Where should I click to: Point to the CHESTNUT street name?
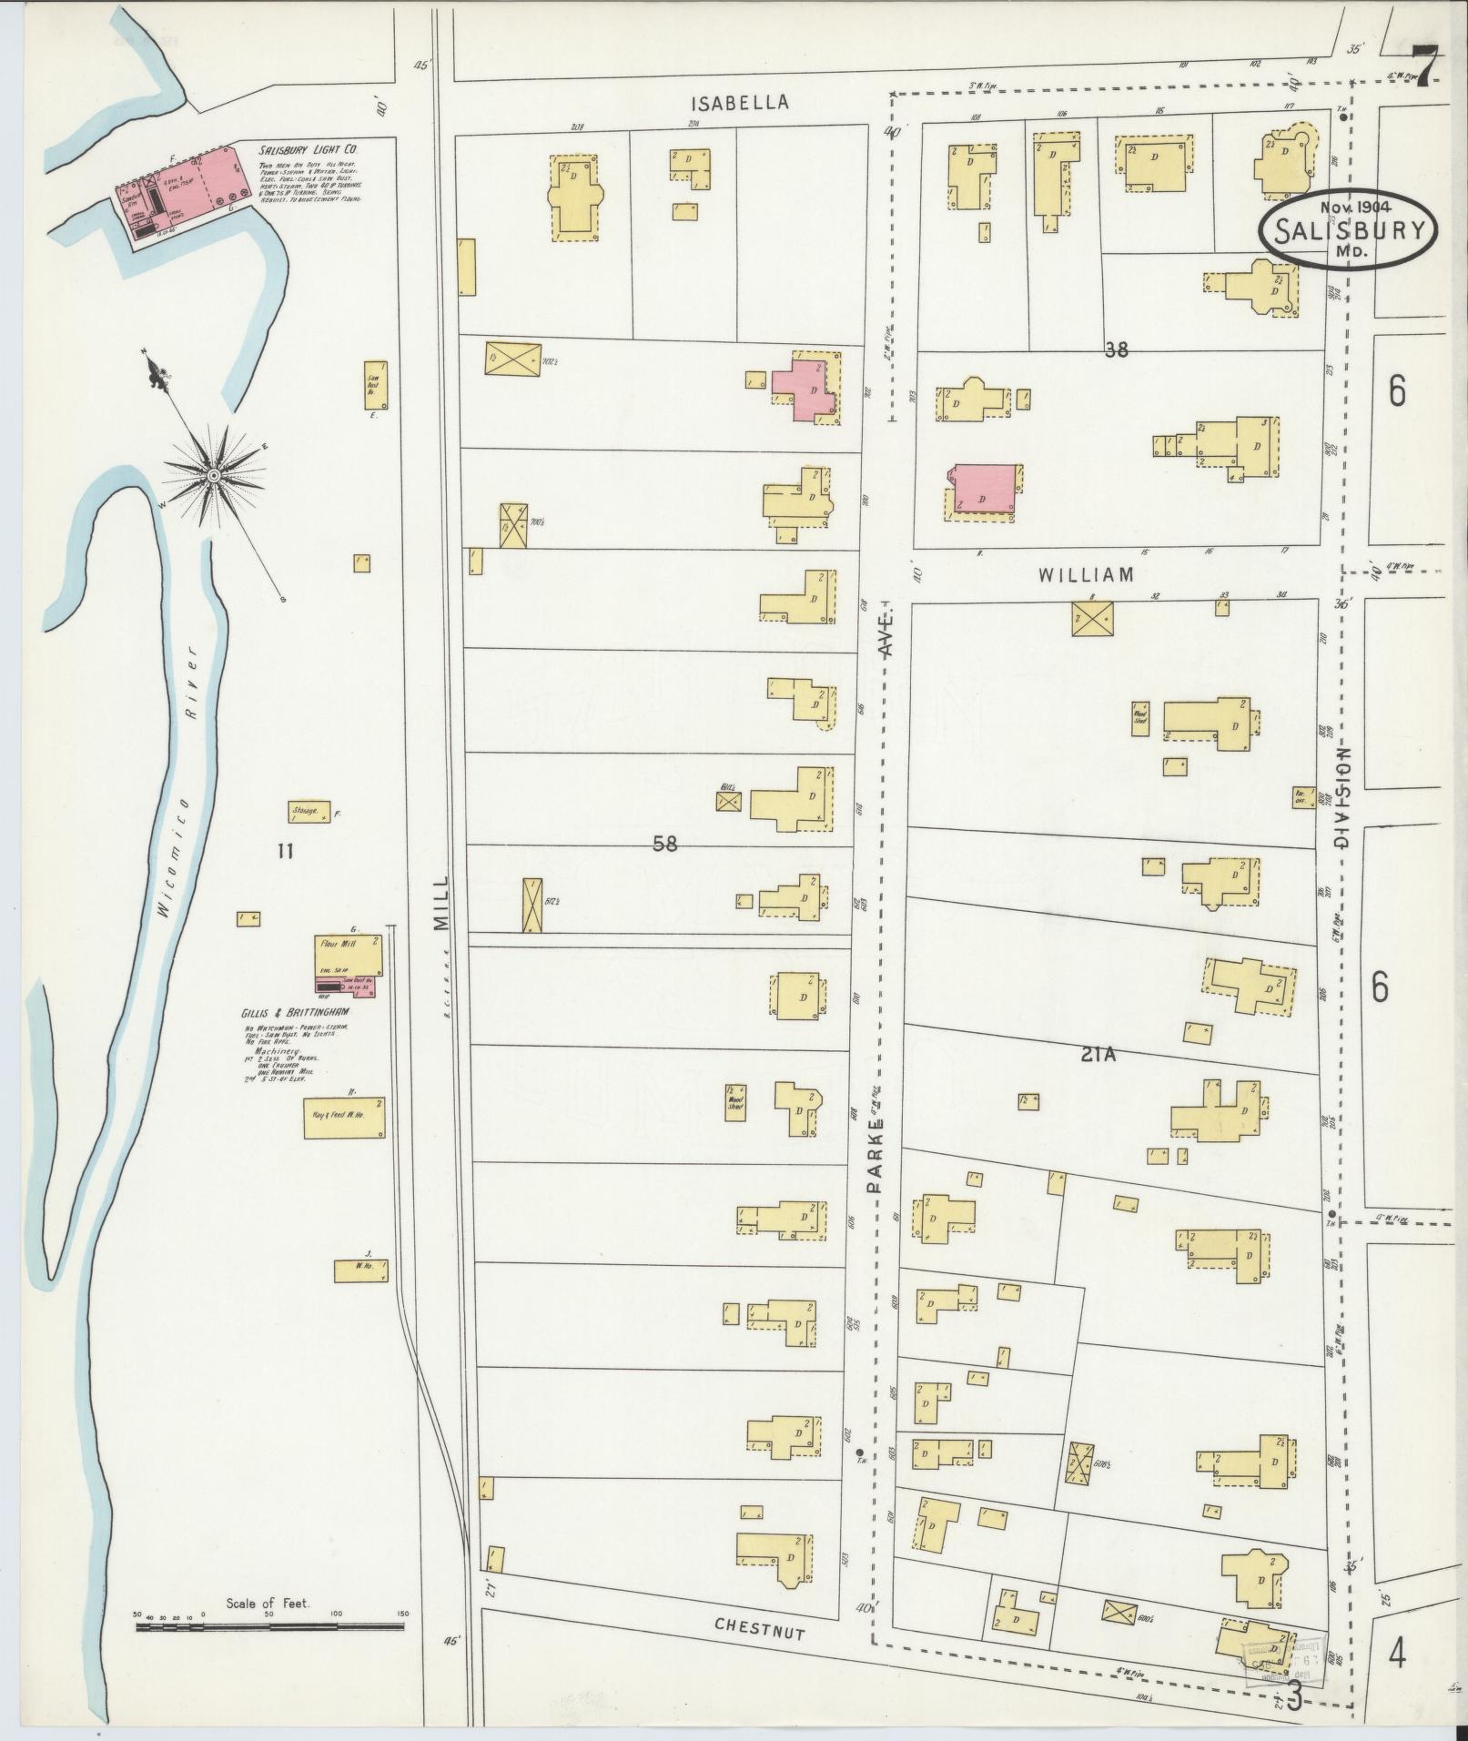pos(760,991)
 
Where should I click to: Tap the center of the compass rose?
pos(212,475)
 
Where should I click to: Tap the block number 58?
pos(665,844)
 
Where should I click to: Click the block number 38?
pos(1116,349)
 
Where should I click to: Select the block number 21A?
pos(1098,1055)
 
